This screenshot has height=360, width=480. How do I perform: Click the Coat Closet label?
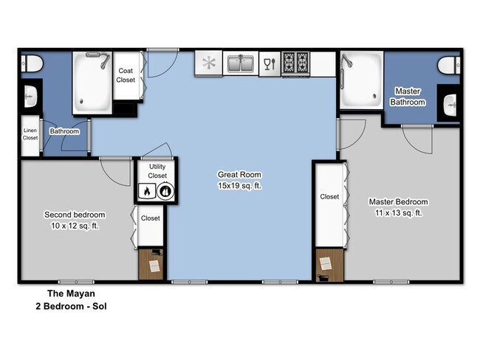tap(126, 75)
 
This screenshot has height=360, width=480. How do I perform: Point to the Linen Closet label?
tap(30, 133)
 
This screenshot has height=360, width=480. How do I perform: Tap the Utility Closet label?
tap(157, 172)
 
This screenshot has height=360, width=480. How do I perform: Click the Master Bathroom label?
tap(408, 97)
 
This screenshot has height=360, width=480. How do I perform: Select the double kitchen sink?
tap(241, 64)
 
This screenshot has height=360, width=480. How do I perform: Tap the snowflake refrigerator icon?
tap(210, 63)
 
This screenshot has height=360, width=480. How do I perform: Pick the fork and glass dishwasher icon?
tap(270, 63)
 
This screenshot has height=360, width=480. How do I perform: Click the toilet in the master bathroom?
tap(448, 66)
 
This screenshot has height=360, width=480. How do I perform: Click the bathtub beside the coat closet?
tap(92, 82)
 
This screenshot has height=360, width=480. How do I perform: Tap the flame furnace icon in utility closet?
tap(147, 193)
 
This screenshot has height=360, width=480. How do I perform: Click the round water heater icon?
tap(166, 193)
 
